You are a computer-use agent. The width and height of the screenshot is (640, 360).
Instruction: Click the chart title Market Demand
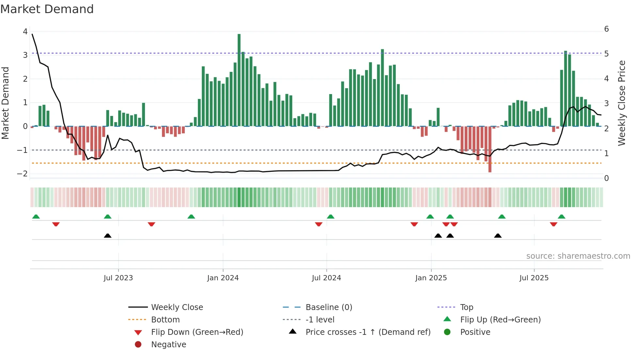(47, 9)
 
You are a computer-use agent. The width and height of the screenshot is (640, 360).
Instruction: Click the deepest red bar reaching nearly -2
(490, 149)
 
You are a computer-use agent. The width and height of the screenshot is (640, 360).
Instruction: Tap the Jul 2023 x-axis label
(118, 278)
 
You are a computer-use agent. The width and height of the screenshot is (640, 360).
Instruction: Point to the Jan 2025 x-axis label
(431, 278)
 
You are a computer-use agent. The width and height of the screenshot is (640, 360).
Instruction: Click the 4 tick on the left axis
(25, 32)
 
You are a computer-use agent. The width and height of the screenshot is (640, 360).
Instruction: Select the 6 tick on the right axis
(606, 29)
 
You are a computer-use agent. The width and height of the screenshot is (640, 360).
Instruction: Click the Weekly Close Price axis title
(622, 103)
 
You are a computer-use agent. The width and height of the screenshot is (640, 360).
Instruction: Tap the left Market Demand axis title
(5, 103)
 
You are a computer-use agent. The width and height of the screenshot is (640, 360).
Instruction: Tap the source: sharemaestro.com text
(578, 256)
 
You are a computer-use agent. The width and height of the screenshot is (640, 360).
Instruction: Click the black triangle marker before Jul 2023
(107, 236)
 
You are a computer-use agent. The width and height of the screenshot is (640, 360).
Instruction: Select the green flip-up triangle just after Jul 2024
(330, 217)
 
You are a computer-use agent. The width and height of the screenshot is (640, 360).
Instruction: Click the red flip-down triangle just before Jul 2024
(319, 224)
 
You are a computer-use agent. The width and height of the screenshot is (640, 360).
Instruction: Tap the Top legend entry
(466, 307)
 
